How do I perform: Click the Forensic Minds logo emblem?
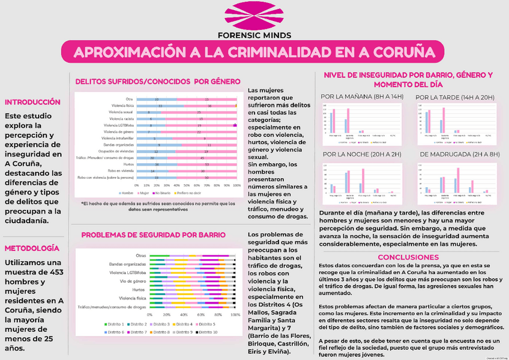(254, 16)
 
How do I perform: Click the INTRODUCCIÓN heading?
(33, 102)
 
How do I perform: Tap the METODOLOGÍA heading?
(32, 248)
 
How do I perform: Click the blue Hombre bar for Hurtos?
(156, 164)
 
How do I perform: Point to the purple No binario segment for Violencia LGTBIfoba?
(235, 125)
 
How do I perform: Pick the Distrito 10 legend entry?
(206, 332)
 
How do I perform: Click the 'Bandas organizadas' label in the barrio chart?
(127, 264)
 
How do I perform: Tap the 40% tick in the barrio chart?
(184, 314)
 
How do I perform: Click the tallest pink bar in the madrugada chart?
(457, 179)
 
